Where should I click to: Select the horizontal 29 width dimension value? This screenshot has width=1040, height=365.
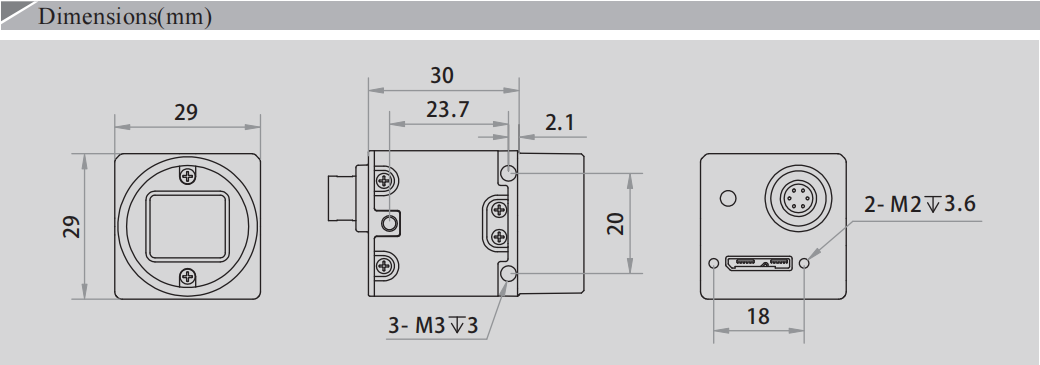coord(186,112)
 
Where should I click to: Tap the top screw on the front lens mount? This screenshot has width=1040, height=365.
coord(188,176)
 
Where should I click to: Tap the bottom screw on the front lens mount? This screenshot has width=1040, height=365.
coord(188,276)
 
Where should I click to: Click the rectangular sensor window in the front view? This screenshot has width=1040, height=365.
coord(188,226)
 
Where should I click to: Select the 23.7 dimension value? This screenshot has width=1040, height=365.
coord(448,110)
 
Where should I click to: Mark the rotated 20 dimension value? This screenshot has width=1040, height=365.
coord(615,223)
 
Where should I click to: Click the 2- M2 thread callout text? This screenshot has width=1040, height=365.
coord(919,206)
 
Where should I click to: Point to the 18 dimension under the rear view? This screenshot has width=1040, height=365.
coord(759,316)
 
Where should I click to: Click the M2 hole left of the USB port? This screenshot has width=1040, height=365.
coord(713,264)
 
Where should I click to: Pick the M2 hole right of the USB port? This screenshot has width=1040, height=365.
coord(805,264)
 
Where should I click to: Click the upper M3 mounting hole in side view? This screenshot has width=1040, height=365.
coord(509,173)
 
